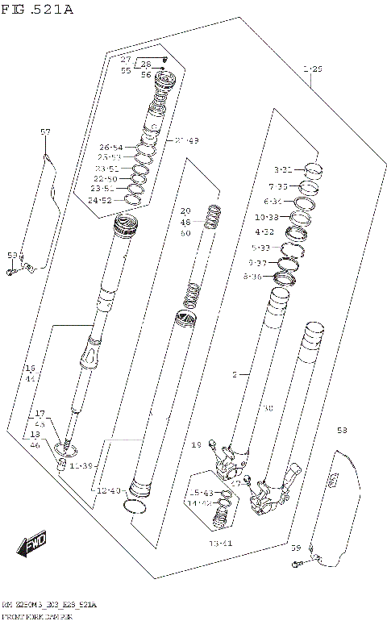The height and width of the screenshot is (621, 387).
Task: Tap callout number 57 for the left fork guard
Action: click(x=45, y=131)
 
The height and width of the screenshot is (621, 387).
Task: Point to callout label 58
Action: click(x=342, y=431)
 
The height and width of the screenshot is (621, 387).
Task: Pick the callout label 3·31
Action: click(x=282, y=170)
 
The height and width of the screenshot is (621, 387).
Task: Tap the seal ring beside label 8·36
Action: click(x=286, y=279)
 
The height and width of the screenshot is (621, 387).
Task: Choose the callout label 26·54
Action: click(x=110, y=147)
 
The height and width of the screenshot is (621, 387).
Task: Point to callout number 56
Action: click(x=146, y=74)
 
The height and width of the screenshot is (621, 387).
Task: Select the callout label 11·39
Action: click(x=81, y=466)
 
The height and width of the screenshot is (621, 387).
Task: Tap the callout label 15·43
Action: click(x=200, y=493)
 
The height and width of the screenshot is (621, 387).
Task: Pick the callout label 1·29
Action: click(x=312, y=70)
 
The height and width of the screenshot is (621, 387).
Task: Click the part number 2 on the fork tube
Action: click(x=235, y=375)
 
